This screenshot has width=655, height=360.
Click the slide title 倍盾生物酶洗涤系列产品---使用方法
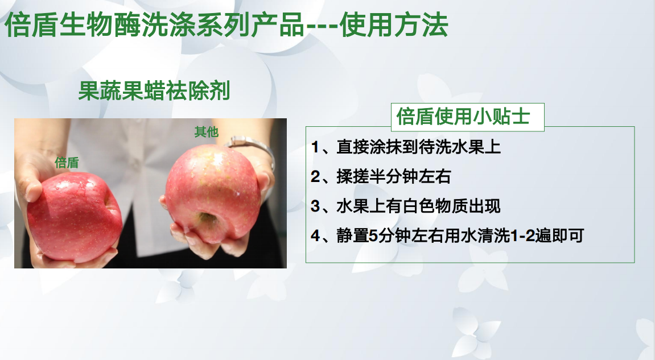(x=226, y=24)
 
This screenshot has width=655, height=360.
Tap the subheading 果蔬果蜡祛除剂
(x=154, y=90)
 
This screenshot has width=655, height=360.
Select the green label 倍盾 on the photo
(x=67, y=163)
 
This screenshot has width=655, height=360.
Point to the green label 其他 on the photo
(x=207, y=132)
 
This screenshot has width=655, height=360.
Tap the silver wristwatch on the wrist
(x=250, y=148)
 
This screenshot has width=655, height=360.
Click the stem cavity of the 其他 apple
(x=206, y=218)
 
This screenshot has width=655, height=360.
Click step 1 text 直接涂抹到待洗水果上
(x=419, y=147)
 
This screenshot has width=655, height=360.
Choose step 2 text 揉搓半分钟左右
(x=394, y=177)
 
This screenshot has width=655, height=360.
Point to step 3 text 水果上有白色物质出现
(x=419, y=206)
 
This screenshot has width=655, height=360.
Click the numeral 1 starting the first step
(x=315, y=147)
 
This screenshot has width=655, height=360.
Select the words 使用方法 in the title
(x=394, y=24)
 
